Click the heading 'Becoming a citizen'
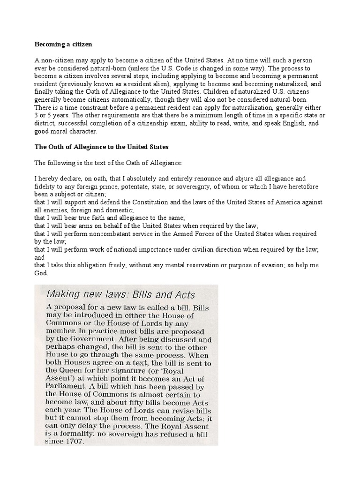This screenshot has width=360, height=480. (x=63, y=44)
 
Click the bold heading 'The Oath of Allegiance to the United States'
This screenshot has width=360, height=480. (x=101, y=147)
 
